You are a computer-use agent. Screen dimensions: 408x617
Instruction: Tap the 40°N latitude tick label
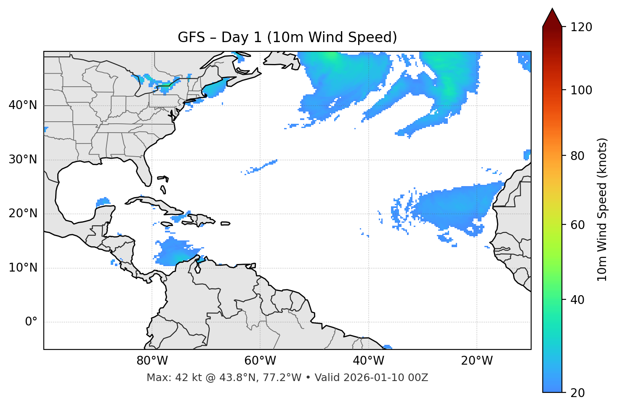point(23,105)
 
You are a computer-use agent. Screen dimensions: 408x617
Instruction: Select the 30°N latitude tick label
point(23,160)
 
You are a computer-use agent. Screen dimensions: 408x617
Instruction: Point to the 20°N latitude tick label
point(23,213)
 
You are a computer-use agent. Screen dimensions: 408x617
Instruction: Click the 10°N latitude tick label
point(23,268)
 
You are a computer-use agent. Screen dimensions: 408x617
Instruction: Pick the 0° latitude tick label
point(31,322)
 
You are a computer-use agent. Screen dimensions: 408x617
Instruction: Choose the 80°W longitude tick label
point(152,361)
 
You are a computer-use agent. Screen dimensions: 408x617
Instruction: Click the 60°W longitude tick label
point(260,361)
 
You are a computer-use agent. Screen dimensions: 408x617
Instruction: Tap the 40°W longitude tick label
point(369,361)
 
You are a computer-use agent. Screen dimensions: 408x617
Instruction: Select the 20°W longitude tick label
point(477,361)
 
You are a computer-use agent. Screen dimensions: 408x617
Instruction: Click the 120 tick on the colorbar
point(581,27)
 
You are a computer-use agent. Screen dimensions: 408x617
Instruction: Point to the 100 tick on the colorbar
point(581,90)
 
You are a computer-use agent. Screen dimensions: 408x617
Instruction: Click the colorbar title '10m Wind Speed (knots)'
point(602,210)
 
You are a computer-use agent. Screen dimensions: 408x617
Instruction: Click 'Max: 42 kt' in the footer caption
point(168,378)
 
